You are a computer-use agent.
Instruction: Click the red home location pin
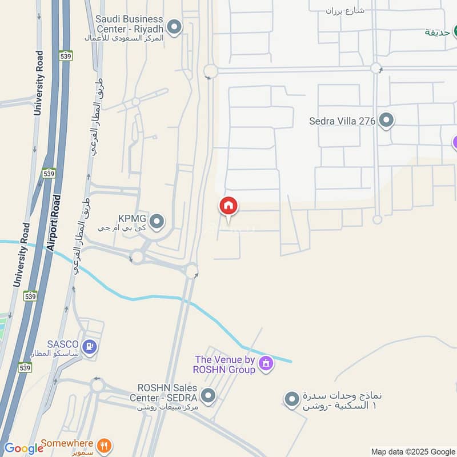(228, 206)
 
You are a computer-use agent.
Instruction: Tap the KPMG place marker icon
(157, 221)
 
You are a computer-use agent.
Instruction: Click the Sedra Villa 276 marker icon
(387, 121)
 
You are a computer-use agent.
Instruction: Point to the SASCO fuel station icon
(89, 346)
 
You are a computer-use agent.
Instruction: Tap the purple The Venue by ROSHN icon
(265, 362)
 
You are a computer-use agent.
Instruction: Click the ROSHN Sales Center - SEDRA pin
(209, 395)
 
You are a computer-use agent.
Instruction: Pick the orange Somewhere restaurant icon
(103, 445)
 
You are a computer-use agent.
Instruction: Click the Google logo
(23, 448)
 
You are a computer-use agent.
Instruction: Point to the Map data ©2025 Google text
(412, 451)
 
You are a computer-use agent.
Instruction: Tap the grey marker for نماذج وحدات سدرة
(292, 399)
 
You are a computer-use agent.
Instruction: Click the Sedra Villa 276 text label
(342, 121)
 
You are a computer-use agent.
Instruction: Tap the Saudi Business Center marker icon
(175, 26)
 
